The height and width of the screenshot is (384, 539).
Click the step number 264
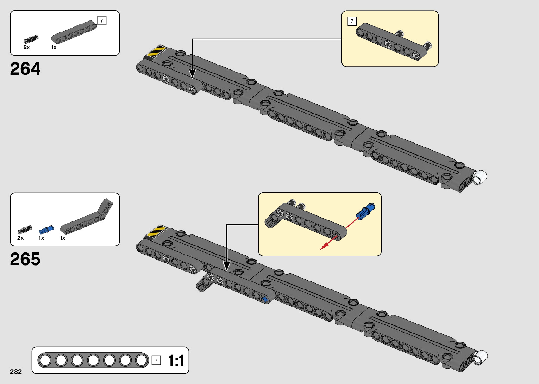[25, 69]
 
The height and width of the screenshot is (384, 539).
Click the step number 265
[25, 259]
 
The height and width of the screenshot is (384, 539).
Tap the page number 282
[16, 372]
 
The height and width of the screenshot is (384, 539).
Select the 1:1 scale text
[176, 361]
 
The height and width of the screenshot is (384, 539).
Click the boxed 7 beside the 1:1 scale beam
[156, 361]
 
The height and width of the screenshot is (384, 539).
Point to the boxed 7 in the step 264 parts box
[102, 20]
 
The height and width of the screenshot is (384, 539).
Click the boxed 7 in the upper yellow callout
[352, 21]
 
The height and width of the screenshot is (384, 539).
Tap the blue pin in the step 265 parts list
[46, 230]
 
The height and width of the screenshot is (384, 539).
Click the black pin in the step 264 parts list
[31, 39]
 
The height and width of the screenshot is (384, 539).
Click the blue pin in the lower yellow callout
[366, 212]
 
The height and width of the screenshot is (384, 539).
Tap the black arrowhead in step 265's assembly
[227, 266]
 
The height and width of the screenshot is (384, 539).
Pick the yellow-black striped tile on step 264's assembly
[156, 51]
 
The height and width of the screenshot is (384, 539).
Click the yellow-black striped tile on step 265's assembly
[156, 231]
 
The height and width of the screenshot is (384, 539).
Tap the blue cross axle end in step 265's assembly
[265, 299]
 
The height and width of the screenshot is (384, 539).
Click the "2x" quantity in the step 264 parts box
[26, 47]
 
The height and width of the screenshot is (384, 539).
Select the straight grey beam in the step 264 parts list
[74, 32]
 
